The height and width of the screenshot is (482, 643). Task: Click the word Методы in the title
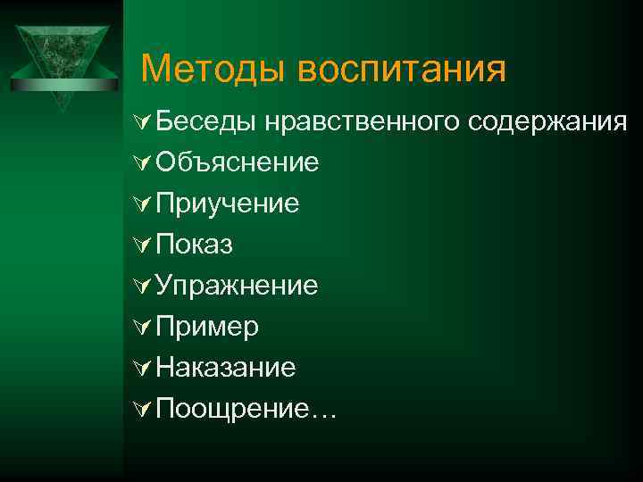[215, 69]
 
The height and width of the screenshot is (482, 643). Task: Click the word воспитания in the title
[402, 69]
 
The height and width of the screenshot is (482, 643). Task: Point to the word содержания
[547, 122]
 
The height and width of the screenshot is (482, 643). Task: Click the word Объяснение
[238, 163]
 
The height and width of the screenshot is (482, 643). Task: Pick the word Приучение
[228, 204]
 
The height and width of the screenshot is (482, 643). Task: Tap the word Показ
[194, 245]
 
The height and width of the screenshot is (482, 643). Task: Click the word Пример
[207, 328]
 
